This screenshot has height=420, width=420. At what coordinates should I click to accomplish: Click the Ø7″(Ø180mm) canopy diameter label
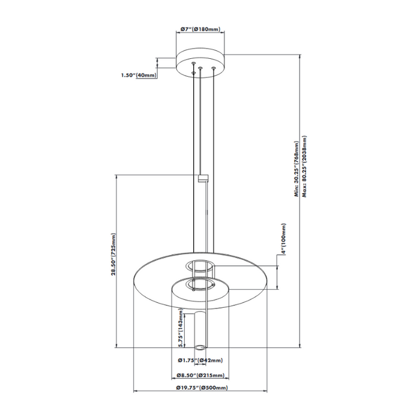pyautogui.click(x=200, y=29)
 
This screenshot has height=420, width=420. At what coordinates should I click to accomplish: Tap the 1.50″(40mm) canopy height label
pyautogui.click(x=139, y=75)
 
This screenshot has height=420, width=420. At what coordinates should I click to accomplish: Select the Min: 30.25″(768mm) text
pyautogui.click(x=296, y=169)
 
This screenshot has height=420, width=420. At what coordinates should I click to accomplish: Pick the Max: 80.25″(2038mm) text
pyautogui.click(x=305, y=166)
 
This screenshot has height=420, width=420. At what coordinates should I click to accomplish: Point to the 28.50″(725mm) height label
pyautogui.click(x=114, y=254)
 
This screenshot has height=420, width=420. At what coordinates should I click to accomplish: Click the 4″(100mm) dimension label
pyautogui.click(x=283, y=239)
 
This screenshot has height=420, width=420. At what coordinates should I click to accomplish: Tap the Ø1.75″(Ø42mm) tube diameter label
pyautogui.click(x=200, y=361)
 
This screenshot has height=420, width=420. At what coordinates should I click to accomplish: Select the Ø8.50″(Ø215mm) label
pyautogui.click(x=200, y=376)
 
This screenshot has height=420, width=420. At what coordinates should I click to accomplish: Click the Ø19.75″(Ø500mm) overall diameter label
pyautogui.click(x=202, y=388)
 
